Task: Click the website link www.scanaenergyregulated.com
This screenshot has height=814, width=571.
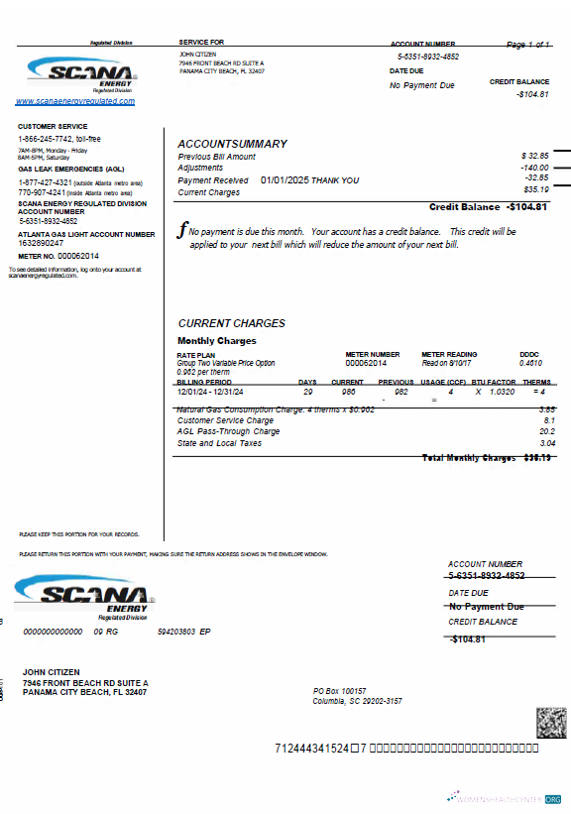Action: [x=75, y=101]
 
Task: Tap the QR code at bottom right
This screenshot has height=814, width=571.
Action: [x=551, y=723]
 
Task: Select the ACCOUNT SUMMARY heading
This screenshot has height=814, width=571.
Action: [x=232, y=144]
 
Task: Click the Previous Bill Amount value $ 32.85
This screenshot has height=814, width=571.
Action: [x=535, y=157]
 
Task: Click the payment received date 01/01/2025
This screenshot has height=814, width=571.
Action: [x=285, y=180]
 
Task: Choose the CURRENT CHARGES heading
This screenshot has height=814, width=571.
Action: [x=231, y=323]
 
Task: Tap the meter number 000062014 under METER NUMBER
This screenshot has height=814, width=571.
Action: [x=366, y=363]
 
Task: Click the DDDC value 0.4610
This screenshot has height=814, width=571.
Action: [x=530, y=363]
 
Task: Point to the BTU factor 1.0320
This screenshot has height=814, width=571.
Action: [x=503, y=392]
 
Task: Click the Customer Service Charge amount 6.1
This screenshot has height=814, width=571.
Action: [x=549, y=420]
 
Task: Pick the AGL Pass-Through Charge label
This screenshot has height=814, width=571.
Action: [x=228, y=431]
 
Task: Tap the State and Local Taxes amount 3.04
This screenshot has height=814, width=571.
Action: [x=547, y=443]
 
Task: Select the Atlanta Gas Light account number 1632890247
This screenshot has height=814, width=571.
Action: [x=41, y=243]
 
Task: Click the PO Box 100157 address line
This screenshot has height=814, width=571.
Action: [x=340, y=690]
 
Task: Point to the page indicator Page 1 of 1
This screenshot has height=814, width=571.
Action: [x=528, y=46]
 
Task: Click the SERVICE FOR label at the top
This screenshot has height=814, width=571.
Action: [x=201, y=43]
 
